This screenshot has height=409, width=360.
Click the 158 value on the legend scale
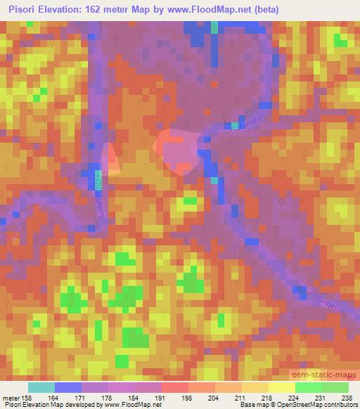pyautogui.click(x=29, y=397)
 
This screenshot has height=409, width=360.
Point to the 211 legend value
pyautogui.click(x=241, y=397)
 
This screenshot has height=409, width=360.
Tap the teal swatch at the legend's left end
pyautogui.click(x=41, y=387)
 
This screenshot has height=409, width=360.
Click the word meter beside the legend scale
pyautogui.click(x=11, y=397)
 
